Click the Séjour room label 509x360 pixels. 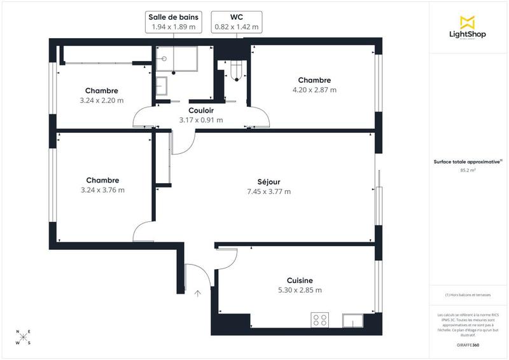pyautogui.click(x=268, y=181)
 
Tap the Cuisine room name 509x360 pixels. pyautogui.click(x=300, y=280)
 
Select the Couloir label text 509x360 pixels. pyautogui.click(x=201, y=109)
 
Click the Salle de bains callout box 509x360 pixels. pyautogui.click(x=174, y=22)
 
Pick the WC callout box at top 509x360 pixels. pyautogui.click(x=237, y=22)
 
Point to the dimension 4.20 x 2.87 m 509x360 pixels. pyautogui.click(x=314, y=90)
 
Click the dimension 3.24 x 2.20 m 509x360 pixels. pyautogui.click(x=102, y=100)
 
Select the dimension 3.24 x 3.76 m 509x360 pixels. pyautogui.click(x=102, y=190)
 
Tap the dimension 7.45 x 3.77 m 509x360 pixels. pyautogui.click(x=268, y=191)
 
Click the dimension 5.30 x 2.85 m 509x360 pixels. pyautogui.click(x=300, y=290)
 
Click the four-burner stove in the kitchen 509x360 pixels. pyautogui.click(x=319, y=320)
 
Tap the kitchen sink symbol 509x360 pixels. pyautogui.click(x=352, y=320)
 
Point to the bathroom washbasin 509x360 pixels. pyautogui.click(x=161, y=84)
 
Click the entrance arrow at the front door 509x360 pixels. pyautogui.click(x=197, y=293)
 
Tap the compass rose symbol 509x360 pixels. pyautogui.click(x=23, y=337)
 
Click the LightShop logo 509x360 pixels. pyautogui.click(x=469, y=27)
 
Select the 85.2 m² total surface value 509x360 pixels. pyautogui.click(x=468, y=170)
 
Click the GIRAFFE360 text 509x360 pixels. pyautogui.click(x=468, y=343)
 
